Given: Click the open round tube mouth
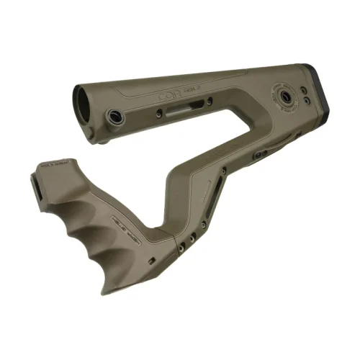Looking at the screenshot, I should [85, 102].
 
